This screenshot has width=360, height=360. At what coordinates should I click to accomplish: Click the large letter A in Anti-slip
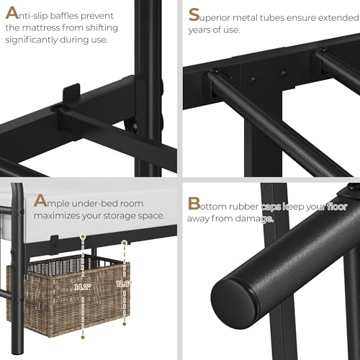click(x=12, y=13)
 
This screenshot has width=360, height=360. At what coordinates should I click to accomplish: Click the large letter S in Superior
click(x=194, y=15)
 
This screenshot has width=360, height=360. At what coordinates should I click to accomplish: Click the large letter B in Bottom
click(x=194, y=204)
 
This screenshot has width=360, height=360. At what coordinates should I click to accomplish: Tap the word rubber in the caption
click(x=243, y=207)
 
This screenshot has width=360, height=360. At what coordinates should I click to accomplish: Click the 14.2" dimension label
click(x=83, y=287)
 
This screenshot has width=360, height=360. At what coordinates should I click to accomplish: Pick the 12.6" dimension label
click(x=124, y=284)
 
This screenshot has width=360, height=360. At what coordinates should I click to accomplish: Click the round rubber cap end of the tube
click(x=233, y=303)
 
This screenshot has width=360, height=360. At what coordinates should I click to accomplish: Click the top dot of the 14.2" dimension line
click(x=83, y=237)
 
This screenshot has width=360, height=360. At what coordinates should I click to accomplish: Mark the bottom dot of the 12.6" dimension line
click(x=125, y=324)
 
